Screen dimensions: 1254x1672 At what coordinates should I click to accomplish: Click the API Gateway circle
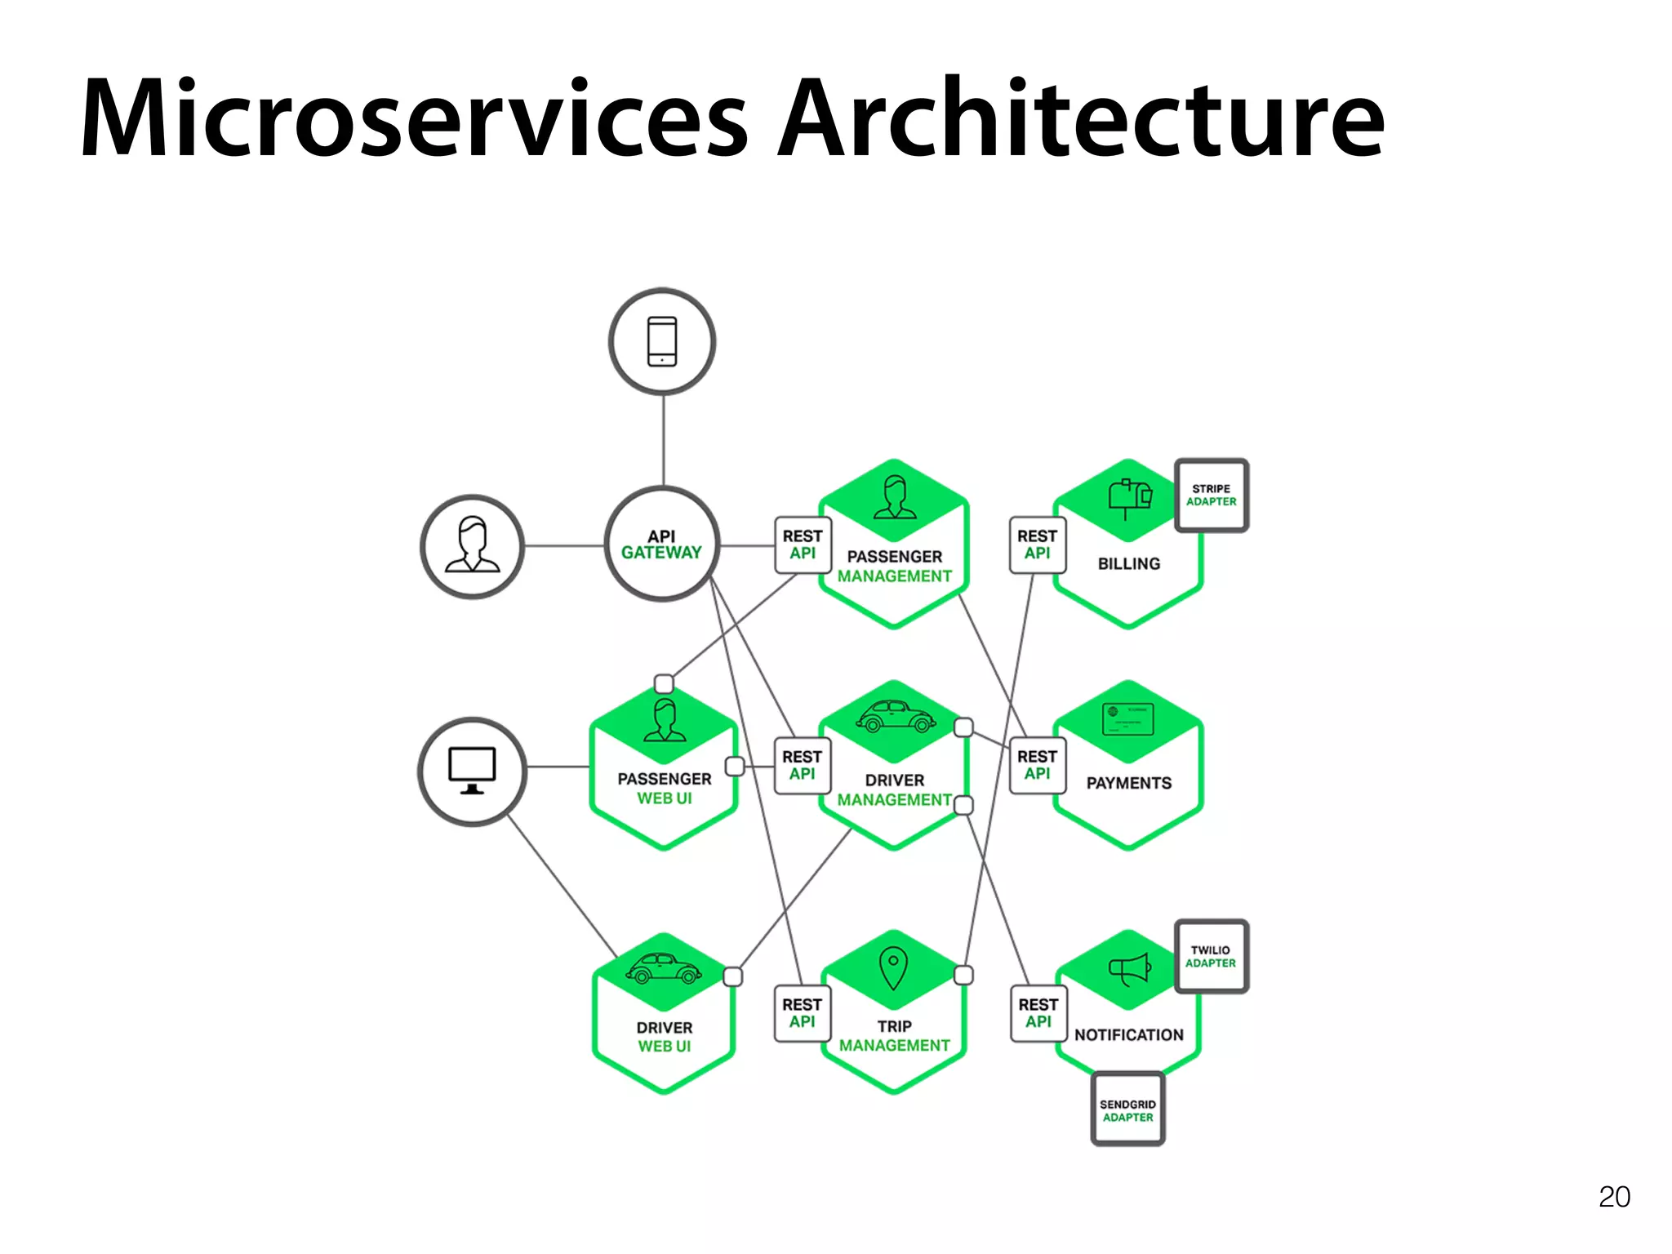click(662, 545)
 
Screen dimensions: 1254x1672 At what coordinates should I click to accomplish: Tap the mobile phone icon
click(662, 341)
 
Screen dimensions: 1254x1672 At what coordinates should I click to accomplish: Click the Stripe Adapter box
click(1212, 496)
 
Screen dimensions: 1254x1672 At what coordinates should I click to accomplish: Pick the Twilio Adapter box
click(1211, 957)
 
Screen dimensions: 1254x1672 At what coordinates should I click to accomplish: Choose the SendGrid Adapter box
click(1127, 1109)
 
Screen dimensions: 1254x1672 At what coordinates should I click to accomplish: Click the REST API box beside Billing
click(1037, 545)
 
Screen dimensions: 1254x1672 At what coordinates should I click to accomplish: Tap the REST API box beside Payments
click(1037, 765)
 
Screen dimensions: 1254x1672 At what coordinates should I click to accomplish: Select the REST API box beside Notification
click(1038, 1013)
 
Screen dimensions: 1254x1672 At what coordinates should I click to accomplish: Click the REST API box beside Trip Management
click(802, 1013)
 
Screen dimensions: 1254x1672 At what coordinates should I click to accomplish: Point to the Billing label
click(1128, 563)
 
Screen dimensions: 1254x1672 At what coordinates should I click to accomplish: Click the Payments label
click(1128, 783)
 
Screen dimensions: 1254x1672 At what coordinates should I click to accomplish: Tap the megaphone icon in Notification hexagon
click(1129, 969)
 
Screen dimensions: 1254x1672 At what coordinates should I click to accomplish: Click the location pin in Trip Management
click(893, 967)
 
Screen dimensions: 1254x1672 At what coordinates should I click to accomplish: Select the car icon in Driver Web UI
click(663, 969)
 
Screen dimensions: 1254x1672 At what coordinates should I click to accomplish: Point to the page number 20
click(1614, 1197)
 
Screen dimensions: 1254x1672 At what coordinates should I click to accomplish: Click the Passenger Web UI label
click(665, 789)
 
